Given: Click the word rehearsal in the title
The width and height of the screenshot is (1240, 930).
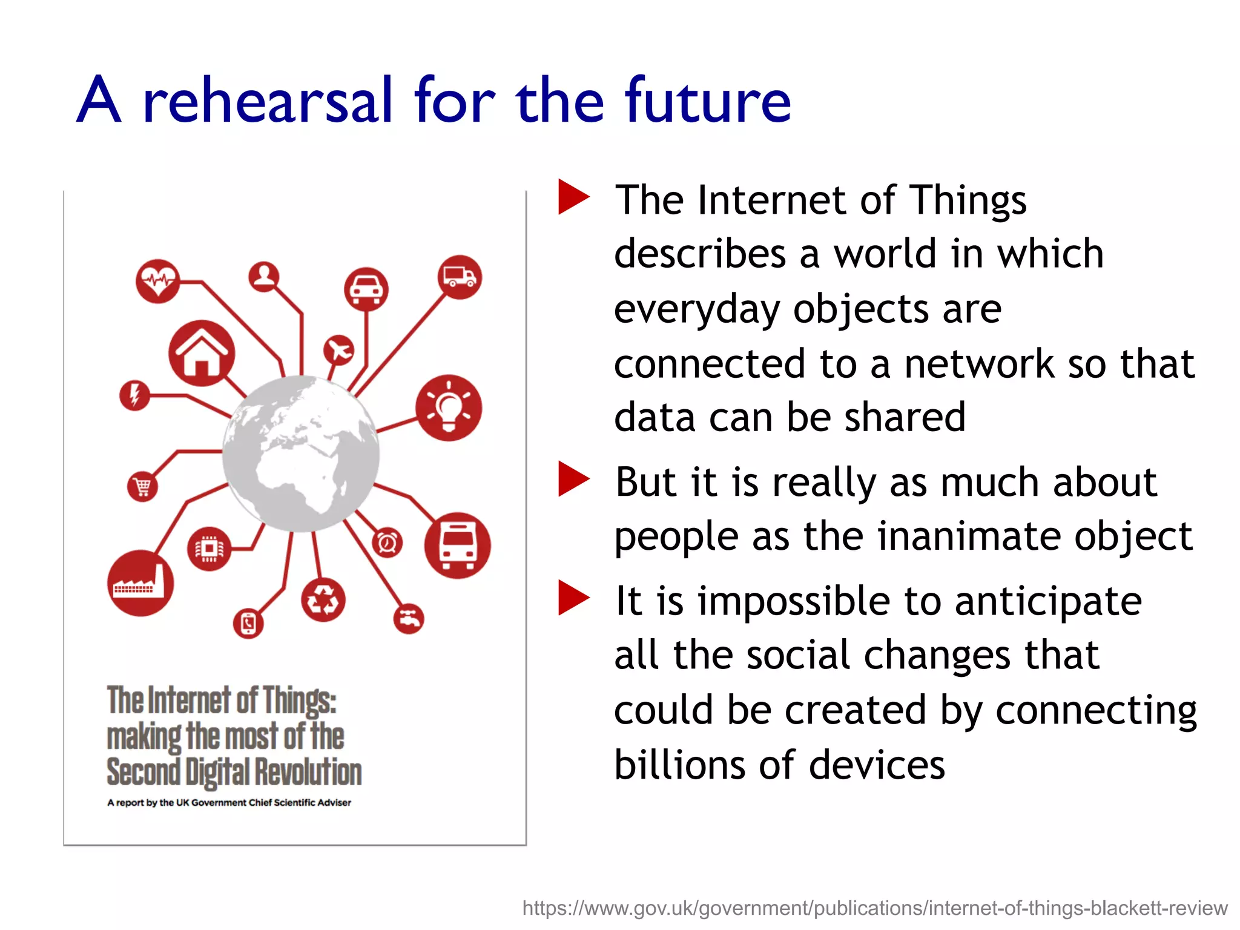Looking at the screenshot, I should (x=268, y=101).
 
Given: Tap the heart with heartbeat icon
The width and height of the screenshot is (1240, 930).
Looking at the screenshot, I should (x=157, y=281).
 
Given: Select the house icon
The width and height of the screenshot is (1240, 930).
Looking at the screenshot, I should (x=201, y=354).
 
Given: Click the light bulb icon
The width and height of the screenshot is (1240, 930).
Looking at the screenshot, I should (x=449, y=407).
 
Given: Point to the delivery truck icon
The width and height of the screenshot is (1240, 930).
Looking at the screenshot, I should (x=460, y=277).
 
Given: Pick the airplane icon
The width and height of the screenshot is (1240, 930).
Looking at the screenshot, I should (x=339, y=350).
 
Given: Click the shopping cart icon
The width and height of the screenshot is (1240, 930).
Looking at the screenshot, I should (x=142, y=486).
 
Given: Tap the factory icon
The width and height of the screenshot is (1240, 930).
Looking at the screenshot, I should (x=140, y=583).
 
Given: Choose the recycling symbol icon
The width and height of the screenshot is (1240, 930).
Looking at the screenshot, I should (x=323, y=601).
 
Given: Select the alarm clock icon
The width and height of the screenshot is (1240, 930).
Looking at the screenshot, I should (x=387, y=542).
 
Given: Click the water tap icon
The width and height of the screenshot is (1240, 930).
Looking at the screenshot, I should (x=409, y=619).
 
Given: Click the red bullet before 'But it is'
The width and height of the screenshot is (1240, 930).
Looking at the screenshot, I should (x=573, y=479).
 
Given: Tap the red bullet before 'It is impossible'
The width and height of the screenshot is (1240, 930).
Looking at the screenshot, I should (x=573, y=598).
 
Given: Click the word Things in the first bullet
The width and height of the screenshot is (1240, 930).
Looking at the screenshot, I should (x=969, y=200).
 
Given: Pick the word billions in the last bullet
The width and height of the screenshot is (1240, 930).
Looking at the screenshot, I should (x=680, y=765).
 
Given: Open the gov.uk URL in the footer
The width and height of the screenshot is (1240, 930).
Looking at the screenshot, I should (x=874, y=908).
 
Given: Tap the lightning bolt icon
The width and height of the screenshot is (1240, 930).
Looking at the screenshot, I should (x=134, y=395).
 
